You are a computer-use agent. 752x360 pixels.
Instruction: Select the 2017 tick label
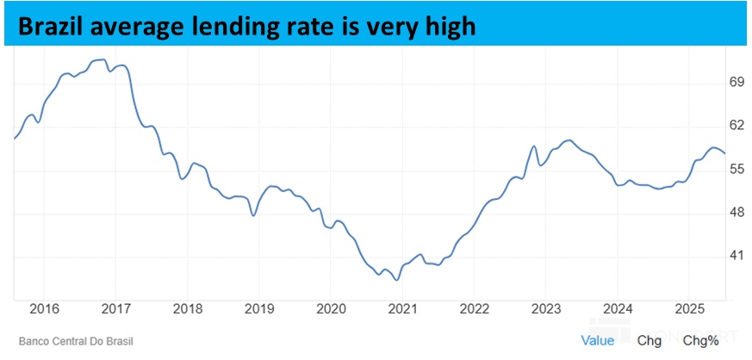point(115,308)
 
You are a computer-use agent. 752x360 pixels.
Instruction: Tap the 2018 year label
point(188,308)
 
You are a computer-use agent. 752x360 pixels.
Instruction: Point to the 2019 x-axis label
point(259,308)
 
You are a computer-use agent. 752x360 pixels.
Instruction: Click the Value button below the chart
point(597,340)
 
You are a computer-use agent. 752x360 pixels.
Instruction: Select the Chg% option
point(700,340)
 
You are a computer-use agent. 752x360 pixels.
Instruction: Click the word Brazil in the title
point(51,27)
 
